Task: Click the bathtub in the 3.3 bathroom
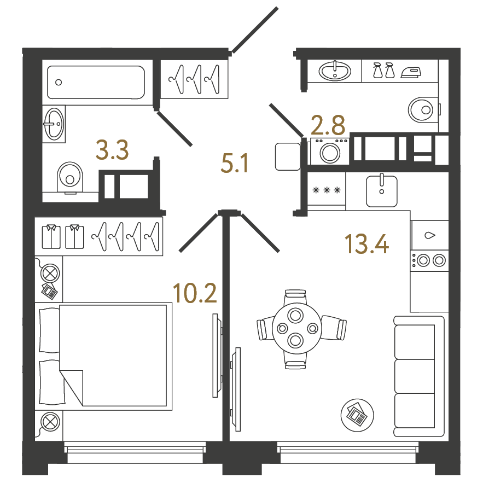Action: pyautogui.click(x=96, y=82)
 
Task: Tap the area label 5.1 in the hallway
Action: pyautogui.click(x=235, y=163)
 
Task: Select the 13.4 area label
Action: pyautogui.click(x=366, y=243)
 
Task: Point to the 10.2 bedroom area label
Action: pyautogui.click(x=195, y=293)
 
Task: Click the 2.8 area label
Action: pyautogui.click(x=328, y=125)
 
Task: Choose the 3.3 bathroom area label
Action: pyautogui.click(x=112, y=150)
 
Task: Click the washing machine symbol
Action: pyautogui.click(x=330, y=152)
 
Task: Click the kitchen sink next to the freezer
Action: pyautogui.click(x=382, y=191)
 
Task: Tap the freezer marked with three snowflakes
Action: pyautogui.click(x=327, y=190)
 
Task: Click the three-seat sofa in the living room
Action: pyautogui.click(x=419, y=376)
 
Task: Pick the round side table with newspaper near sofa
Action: pyautogui.click(x=357, y=415)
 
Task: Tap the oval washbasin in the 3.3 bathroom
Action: pyautogui.click(x=54, y=124)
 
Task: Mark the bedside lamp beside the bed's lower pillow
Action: pyautogui.click(x=50, y=422)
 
